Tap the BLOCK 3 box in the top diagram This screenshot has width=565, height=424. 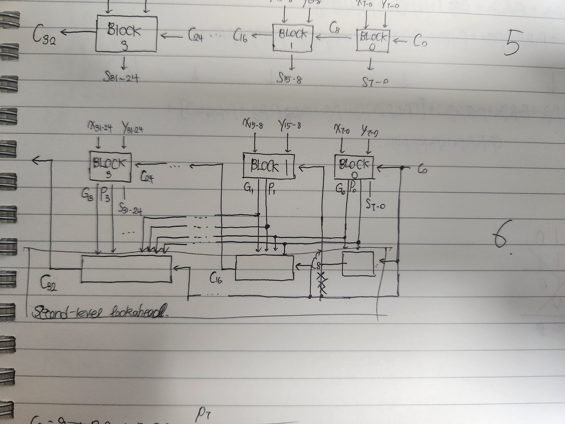[x=126, y=34]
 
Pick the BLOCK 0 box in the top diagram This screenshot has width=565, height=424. [x=373, y=41]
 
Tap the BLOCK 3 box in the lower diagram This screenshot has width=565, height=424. [x=110, y=167]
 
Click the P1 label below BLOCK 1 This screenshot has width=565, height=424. [x=271, y=189]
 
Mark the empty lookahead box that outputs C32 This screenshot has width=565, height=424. [x=126, y=269]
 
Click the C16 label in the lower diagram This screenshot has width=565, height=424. [x=216, y=278]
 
